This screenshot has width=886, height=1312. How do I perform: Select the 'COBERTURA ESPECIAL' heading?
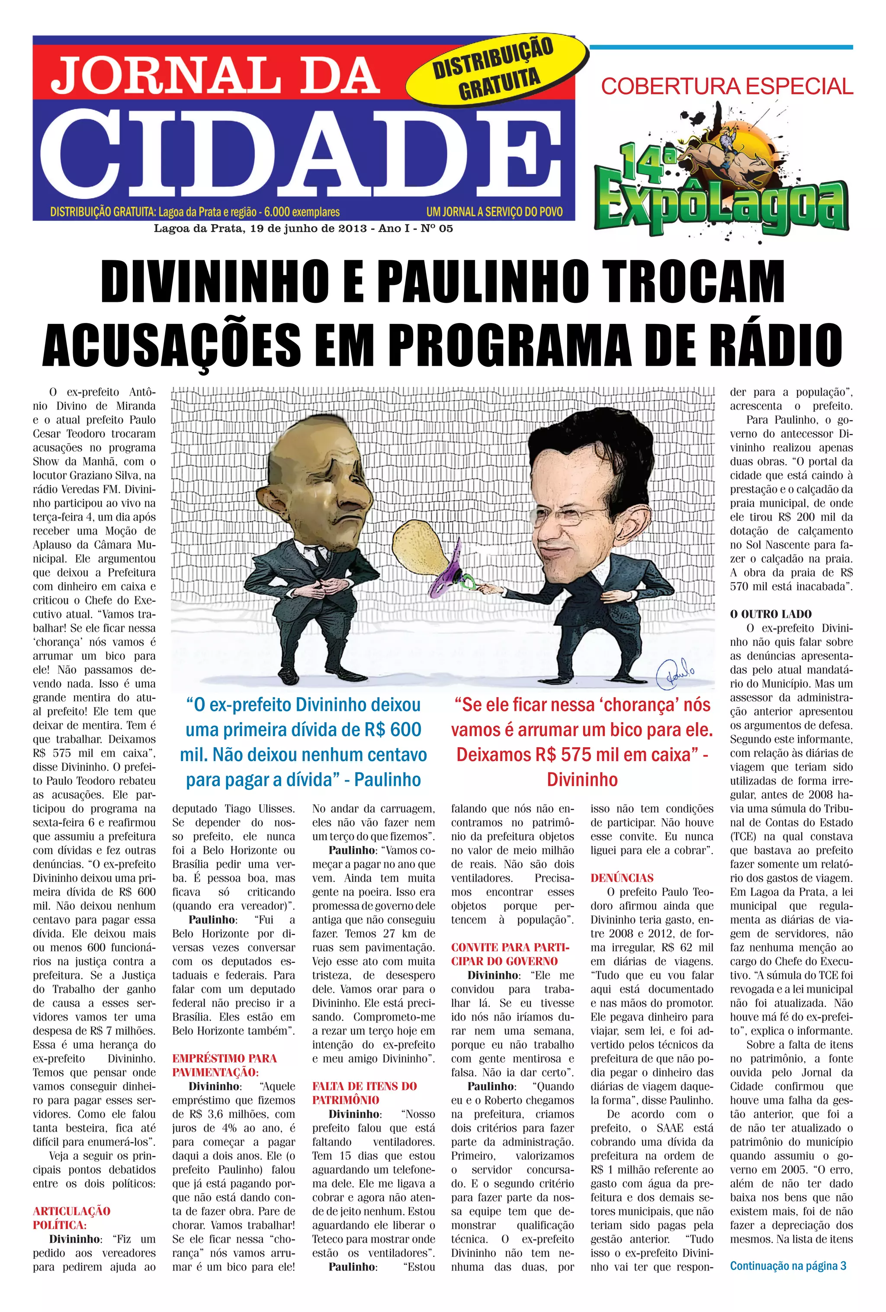pyautogui.click(x=727, y=86)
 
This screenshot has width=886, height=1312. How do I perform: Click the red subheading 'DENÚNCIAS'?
pyautogui.click(x=622, y=878)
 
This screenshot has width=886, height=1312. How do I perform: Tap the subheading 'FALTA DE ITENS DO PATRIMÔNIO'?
pyautogui.click(x=364, y=1093)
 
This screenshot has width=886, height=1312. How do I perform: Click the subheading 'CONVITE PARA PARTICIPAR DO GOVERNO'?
pyautogui.click(x=510, y=954)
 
